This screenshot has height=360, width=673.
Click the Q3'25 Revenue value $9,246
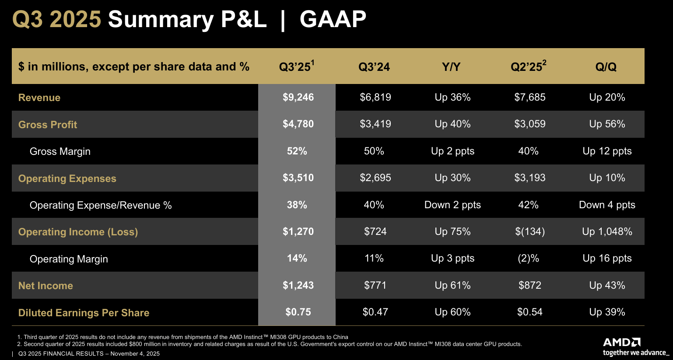click(x=298, y=97)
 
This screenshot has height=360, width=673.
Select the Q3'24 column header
click(x=374, y=67)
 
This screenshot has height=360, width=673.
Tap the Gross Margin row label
click(x=60, y=151)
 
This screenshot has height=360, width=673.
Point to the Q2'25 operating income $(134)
click(x=529, y=231)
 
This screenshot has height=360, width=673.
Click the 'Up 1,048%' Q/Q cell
click(x=607, y=231)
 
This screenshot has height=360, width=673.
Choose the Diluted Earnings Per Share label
click(x=84, y=313)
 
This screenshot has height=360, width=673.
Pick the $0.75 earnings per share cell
click(x=298, y=312)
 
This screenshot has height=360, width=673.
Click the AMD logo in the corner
click(x=622, y=342)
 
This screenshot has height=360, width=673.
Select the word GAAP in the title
click(x=333, y=20)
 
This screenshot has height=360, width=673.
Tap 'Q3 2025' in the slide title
click(x=57, y=20)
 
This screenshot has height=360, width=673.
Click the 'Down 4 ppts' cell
click(x=607, y=205)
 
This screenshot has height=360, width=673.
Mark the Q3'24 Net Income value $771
click(x=375, y=285)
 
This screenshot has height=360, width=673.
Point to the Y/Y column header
click(x=451, y=67)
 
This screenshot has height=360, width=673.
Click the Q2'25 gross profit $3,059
click(x=529, y=124)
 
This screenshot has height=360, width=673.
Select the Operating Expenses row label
click(x=67, y=178)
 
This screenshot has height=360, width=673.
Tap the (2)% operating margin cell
click(x=528, y=258)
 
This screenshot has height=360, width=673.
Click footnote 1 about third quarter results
click(x=183, y=337)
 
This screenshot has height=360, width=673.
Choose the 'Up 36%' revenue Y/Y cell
click(x=452, y=97)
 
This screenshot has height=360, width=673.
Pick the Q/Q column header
click(x=606, y=67)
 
